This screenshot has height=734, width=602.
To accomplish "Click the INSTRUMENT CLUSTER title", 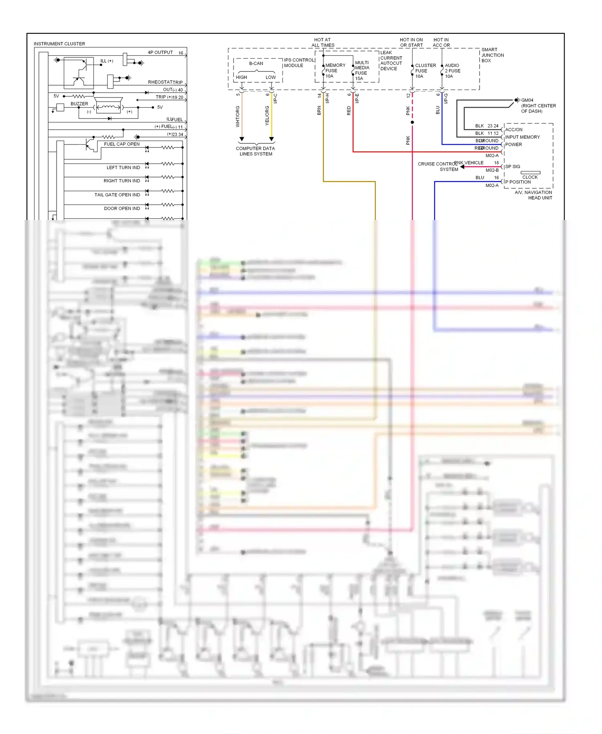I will pos(59,44).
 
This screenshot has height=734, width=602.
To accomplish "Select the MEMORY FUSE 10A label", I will pos(335,71).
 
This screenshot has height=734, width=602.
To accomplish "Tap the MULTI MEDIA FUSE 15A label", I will pos(362,71).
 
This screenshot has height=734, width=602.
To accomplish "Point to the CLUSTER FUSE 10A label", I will pos(425,71).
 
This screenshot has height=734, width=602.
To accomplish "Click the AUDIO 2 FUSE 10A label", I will pos(452,71).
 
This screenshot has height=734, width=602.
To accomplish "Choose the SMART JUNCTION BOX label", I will pos(492,55).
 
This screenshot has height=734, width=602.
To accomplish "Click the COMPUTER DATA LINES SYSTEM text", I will pos(256,151).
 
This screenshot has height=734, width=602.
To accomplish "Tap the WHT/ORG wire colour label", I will pos(238,116).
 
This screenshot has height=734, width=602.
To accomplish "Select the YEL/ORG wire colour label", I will pos(267,116).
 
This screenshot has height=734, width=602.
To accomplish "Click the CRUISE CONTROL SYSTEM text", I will pos(437,167).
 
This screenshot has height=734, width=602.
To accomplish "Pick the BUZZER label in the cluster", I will pos(79,104).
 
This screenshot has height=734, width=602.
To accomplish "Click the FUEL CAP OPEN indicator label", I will pos(122,144).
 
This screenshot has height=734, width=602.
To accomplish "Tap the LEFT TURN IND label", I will pos(123,167).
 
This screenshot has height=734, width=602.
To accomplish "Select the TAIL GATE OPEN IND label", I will pos(117,195).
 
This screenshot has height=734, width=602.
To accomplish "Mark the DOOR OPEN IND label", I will pos(122,208).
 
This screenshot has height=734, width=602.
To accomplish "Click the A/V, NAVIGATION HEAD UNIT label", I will pos(534,195).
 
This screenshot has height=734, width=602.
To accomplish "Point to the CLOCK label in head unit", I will pos(530,177).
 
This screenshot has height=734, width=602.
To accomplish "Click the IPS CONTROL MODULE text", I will pos(299,63).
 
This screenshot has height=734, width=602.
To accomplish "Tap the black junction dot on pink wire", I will pos(412,122).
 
